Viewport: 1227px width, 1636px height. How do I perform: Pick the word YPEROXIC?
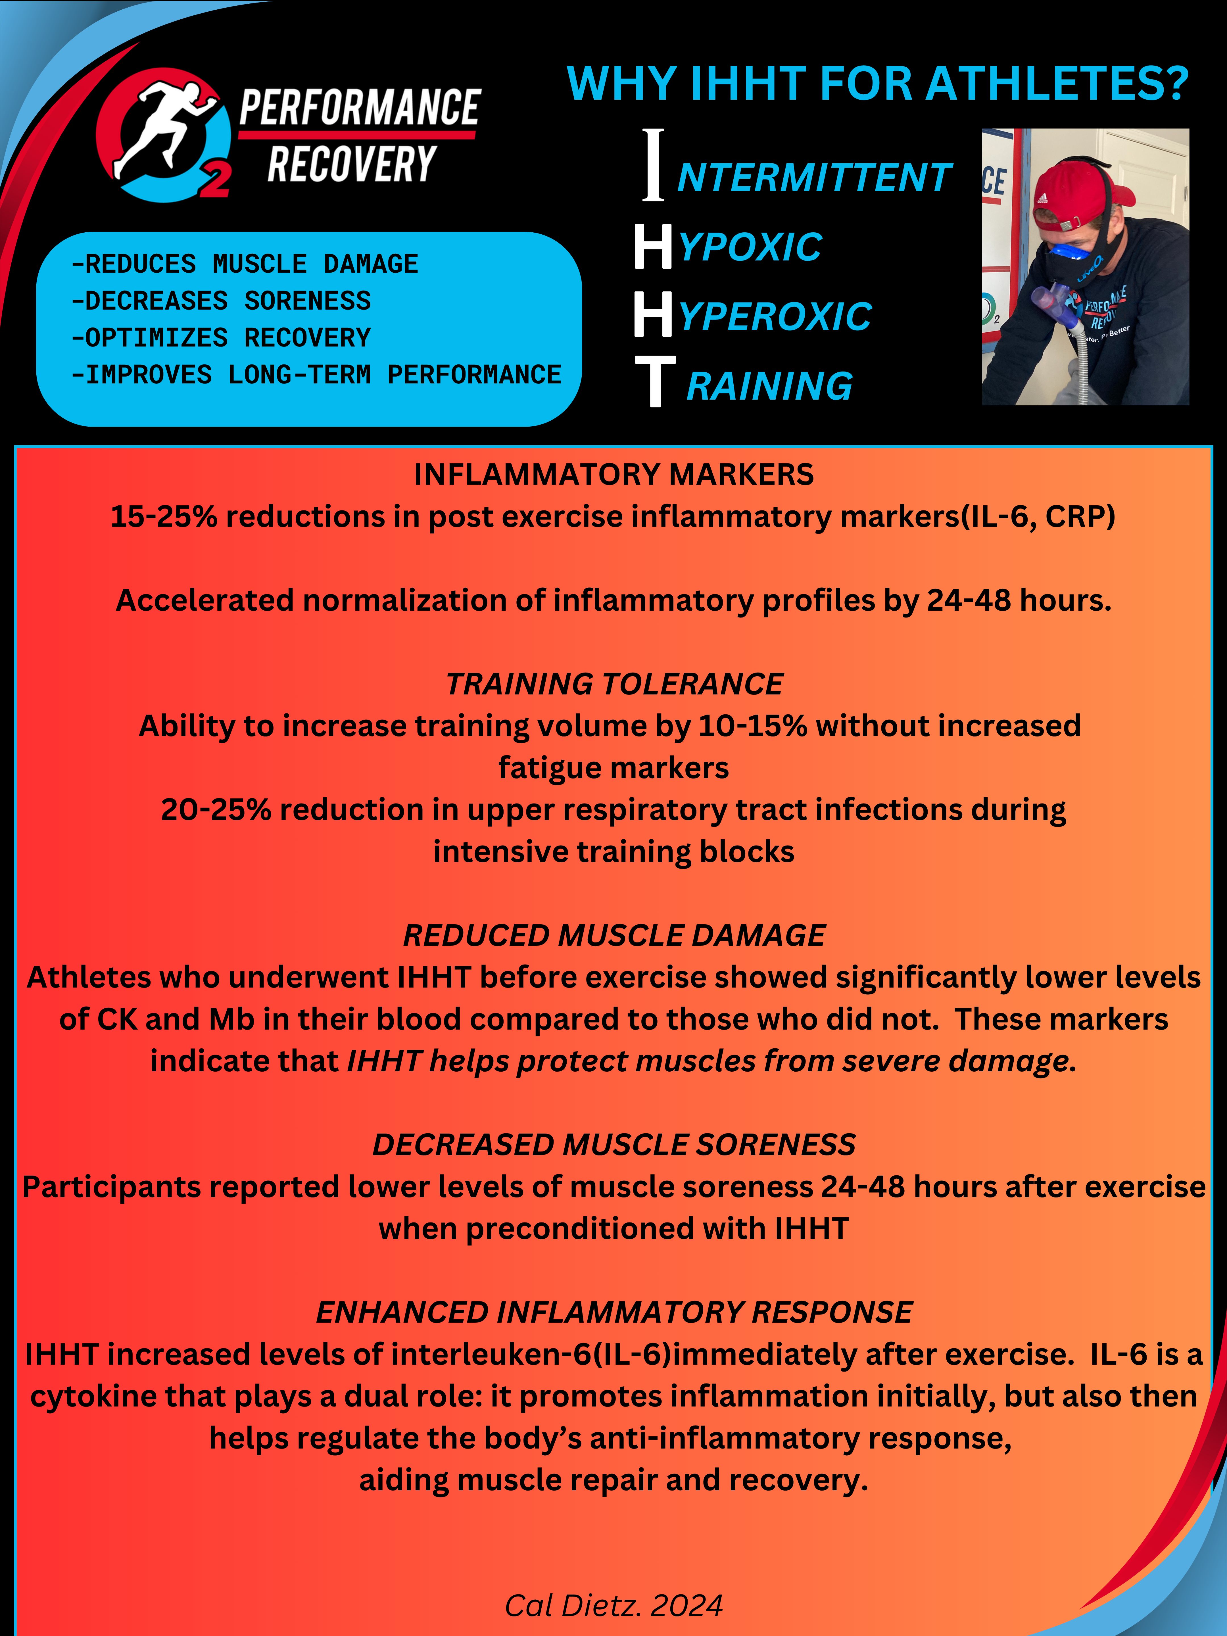[x=775, y=317]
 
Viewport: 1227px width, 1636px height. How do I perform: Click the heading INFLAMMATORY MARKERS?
[x=613, y=474]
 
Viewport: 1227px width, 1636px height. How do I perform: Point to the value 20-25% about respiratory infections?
[x=216, y=810]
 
